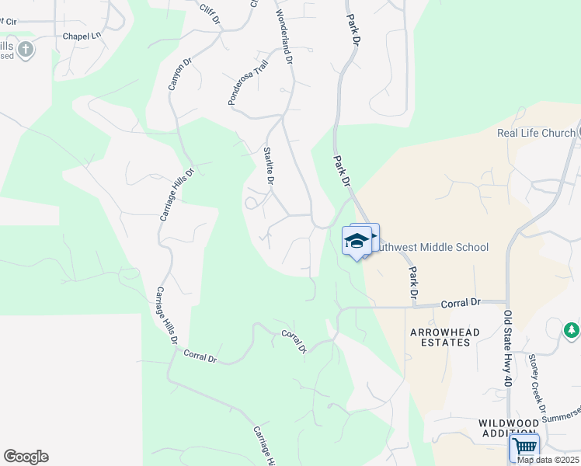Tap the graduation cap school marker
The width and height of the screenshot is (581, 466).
point(357,240)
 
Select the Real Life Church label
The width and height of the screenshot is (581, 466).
point(536,133)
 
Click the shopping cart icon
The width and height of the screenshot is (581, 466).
point(524,447)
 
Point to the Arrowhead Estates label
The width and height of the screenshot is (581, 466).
point(444,339)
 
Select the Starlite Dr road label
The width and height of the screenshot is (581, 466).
point(269,165)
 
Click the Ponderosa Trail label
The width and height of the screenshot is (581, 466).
point(247,82)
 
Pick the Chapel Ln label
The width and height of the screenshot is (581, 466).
point(82,36)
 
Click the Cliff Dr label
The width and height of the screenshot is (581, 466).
point(207,10)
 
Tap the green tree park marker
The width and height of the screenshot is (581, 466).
point(572,330)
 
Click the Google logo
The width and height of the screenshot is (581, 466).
point(26,457)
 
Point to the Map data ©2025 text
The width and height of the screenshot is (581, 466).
point(547,460)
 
